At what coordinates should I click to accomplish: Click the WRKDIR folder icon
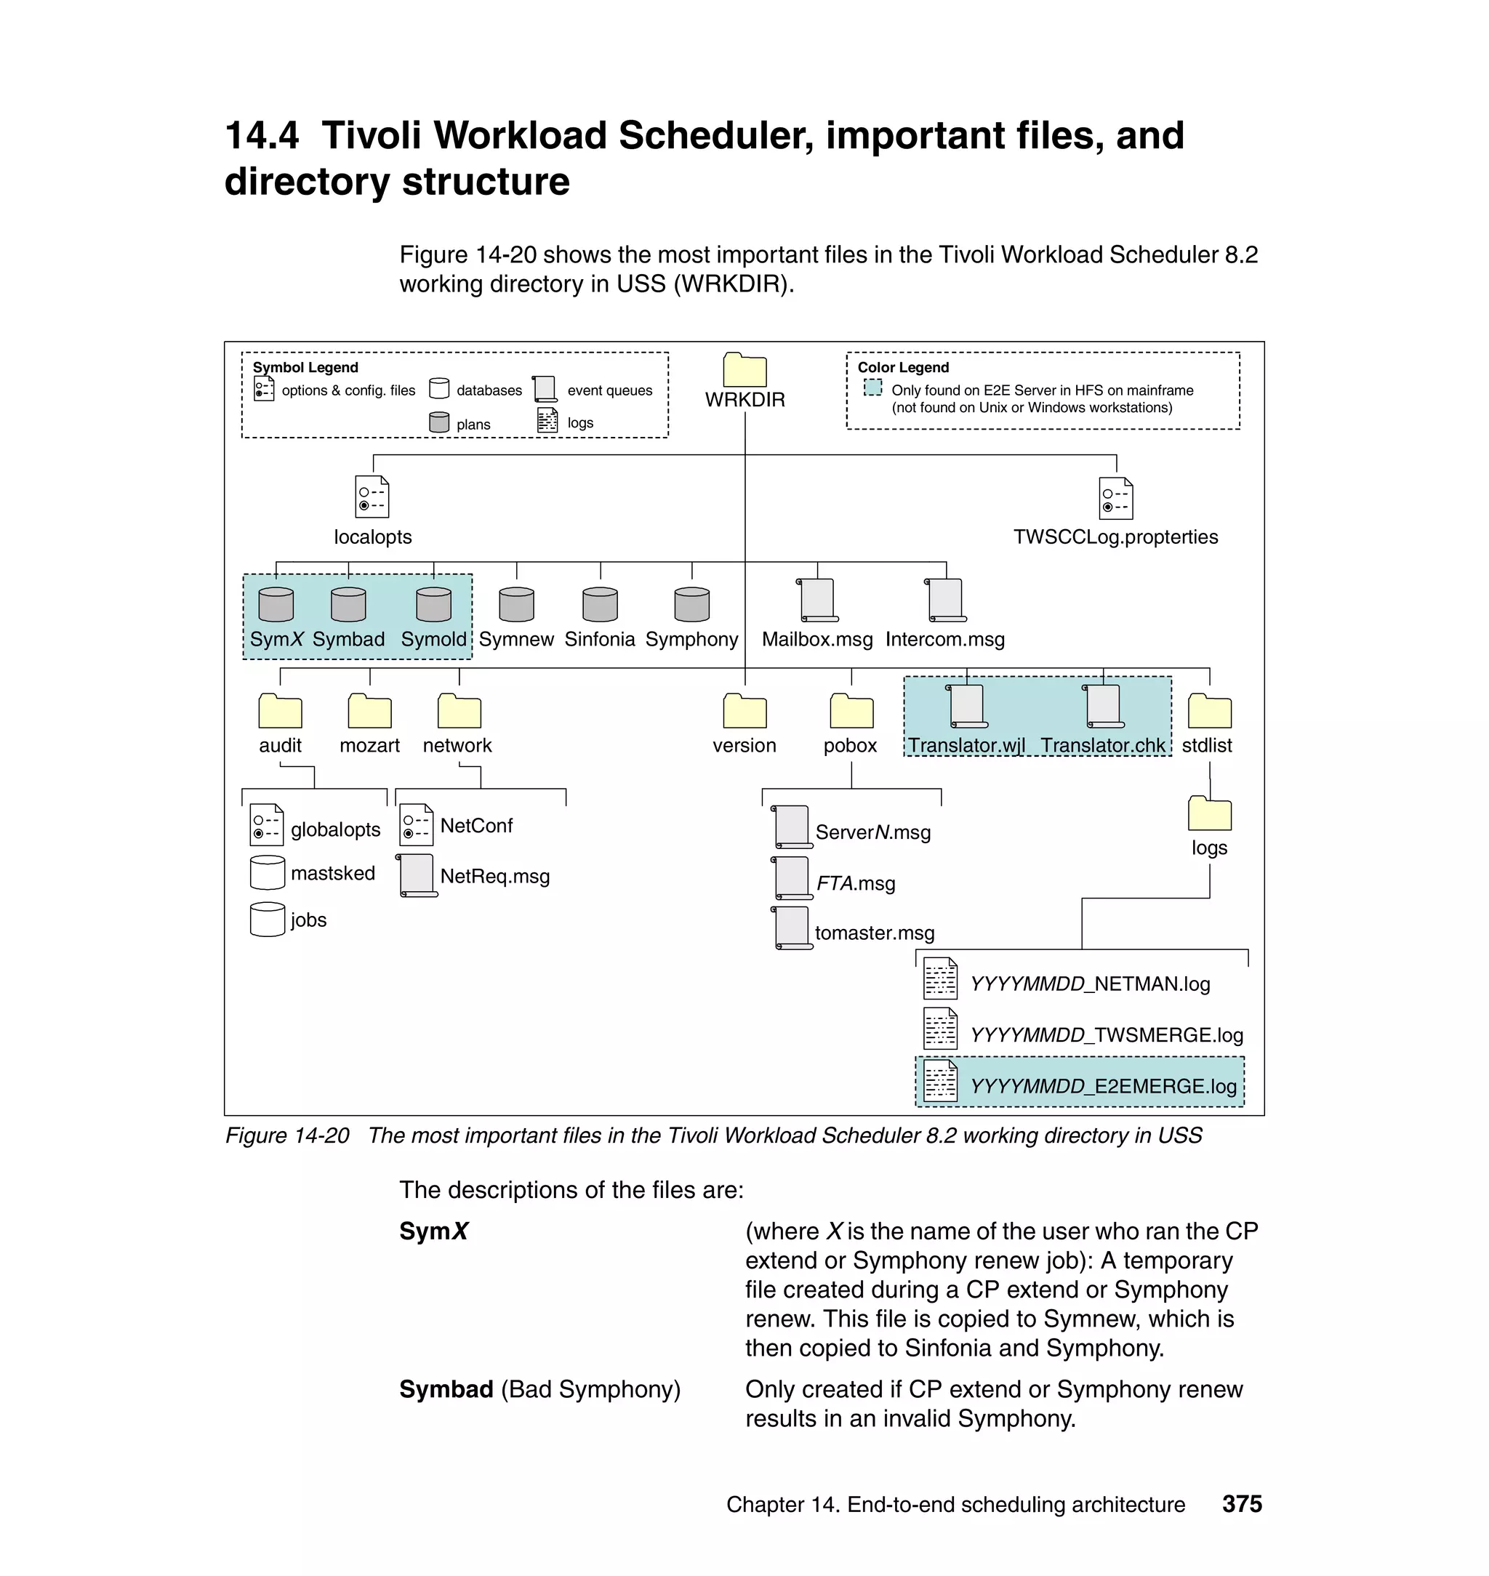pos(744,370)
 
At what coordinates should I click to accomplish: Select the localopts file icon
pos(372,496)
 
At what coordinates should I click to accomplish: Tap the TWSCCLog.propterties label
pos(1115,537)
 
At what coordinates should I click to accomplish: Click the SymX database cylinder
pos(276,605)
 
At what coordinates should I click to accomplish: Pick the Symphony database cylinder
pos(691,605)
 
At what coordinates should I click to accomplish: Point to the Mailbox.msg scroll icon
pos(817,600)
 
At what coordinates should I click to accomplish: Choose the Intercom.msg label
pos(944,640)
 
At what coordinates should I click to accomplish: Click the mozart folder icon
pos(369,711)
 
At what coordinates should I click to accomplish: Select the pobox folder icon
pos(851,711)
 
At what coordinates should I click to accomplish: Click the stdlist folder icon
pos(1209,711)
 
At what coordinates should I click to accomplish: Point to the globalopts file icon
pos(266,825)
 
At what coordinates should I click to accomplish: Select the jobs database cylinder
pos(267,920)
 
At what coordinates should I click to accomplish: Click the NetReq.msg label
pos(494,877)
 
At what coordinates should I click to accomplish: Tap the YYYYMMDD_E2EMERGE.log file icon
pos(940,1081)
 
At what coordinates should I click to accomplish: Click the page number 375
pos(1241,1505)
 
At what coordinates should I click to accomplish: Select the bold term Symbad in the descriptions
pos(446,1389)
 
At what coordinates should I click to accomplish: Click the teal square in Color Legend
pos(872,387)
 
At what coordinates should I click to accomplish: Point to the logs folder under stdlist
pos(1209,813)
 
